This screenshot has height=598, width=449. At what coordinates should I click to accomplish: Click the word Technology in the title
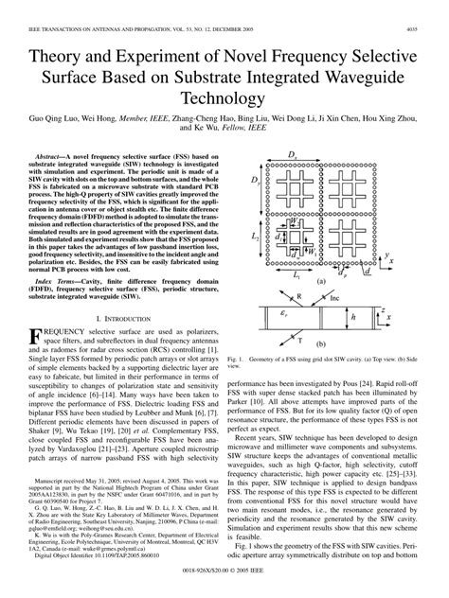[x=224, y=97]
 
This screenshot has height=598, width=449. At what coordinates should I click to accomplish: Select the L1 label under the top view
[x=294, y=275]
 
